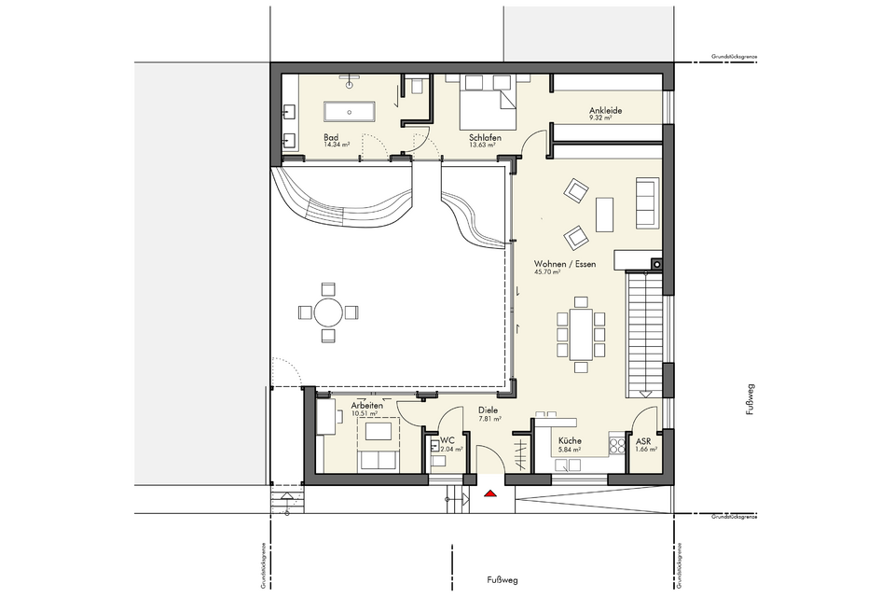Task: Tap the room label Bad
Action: [330, 137]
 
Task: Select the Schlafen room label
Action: [485, 137]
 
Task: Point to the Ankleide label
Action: [605, 111]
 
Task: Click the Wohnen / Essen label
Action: [564, 264]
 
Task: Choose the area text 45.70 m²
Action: [547, 272]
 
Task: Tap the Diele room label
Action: [488, 410]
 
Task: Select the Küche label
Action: [570, 441]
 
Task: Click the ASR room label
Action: [643, 441]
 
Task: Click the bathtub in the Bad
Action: [348, 111]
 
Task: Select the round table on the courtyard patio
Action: [326, 312]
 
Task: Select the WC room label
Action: [447, 438]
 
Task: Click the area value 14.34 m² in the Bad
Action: [337, 146]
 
